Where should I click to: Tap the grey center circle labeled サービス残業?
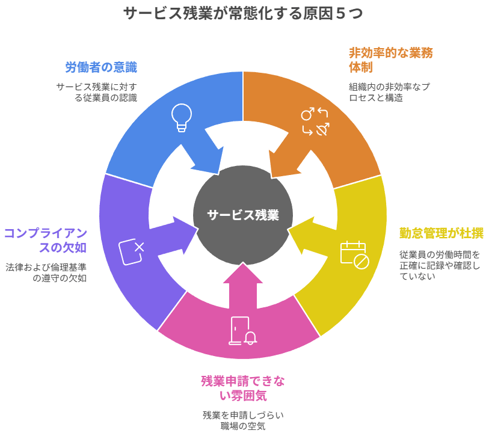tap(243, 215)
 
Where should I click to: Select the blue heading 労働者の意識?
tap(101, 67)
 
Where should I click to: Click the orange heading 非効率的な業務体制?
tap(390, 60)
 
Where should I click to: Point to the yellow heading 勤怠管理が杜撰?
tap(441, 233)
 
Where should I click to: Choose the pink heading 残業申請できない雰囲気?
tap(243, 388)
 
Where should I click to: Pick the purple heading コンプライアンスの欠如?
tap(46, 240)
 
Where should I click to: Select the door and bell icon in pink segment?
tap(242, 331)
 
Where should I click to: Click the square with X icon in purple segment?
tap(132, 251)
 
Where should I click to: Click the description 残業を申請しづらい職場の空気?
tap(243, 420)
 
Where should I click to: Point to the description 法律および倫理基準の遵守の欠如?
tap(46, 272)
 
